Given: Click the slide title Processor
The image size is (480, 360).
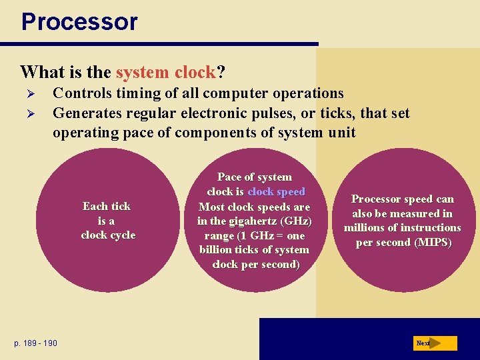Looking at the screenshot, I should pos(79,22).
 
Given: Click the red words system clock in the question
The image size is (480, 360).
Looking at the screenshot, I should pos(165,71).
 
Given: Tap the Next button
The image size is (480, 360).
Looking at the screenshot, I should pos(435,343).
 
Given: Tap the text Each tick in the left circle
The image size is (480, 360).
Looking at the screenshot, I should pos(107,206).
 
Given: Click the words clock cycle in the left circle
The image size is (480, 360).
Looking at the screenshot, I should pos(108,235).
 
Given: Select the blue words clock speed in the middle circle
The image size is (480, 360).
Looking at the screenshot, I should pos(276,191).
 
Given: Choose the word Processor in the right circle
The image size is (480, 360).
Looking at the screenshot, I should pos(378,199).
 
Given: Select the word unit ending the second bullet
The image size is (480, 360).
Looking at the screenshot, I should pos(341,133).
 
